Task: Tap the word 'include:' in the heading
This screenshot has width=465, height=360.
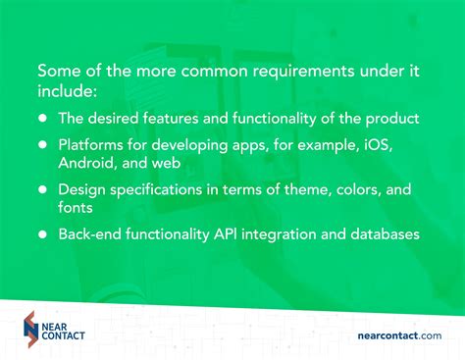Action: point(68,91)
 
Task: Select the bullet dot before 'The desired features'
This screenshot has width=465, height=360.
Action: point(43,119)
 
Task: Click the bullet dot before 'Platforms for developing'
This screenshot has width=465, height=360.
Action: point(43,144)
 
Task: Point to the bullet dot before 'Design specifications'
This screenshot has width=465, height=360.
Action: point(43,189)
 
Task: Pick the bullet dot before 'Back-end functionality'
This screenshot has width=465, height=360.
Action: point(43,234)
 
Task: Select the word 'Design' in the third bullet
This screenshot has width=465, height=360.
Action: point(81,189)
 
